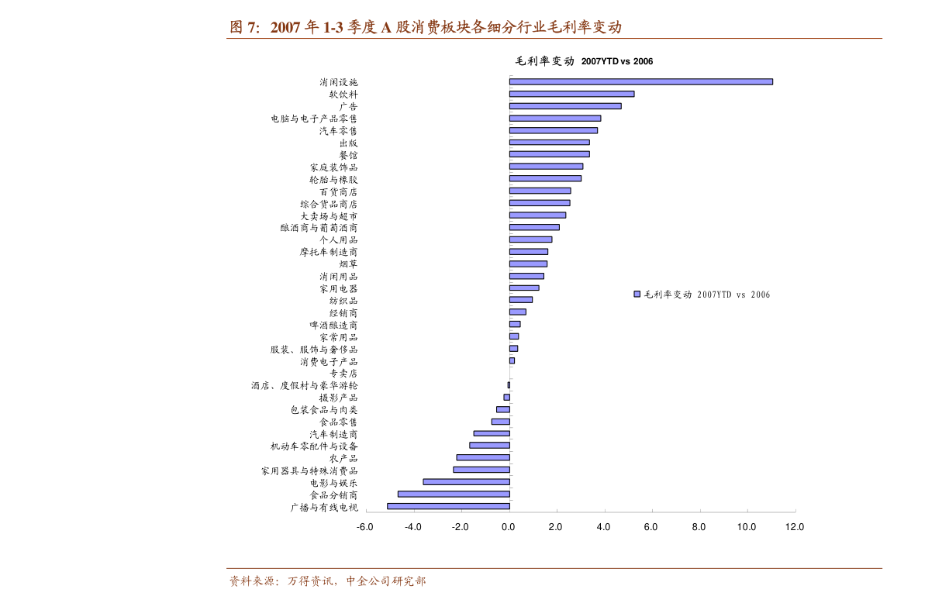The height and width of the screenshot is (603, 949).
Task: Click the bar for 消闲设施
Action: [x=640, y=81]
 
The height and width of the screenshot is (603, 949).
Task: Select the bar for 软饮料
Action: [x=571, y=94]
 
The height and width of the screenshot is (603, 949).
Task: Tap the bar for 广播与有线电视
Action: [x=448, y=506]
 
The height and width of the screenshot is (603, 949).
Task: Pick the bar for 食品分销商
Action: [x=454, y=494]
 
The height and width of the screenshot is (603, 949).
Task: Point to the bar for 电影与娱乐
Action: [x=466, y=481]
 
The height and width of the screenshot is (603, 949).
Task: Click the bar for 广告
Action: [x=565, y=106]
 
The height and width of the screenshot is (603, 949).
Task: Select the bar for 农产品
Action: [x=482, y=457]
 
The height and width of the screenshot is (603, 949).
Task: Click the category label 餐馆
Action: [x=348, y=155]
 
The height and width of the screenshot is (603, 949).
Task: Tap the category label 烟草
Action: [x=348, y=264]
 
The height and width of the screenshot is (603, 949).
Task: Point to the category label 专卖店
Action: [x=343, y=374]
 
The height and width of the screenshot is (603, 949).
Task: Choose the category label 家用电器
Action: [x=339, y=288]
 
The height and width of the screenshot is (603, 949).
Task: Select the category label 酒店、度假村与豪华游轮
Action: [x=304, y=385]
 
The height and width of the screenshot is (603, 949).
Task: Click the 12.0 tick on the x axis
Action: [x=795, y=527]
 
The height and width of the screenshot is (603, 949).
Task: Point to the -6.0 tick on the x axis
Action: [x=365, y=527]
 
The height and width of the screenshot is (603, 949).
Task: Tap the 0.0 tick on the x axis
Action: [x=509, y=527]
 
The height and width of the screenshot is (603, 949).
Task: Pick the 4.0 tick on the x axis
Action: [x=604, y=527]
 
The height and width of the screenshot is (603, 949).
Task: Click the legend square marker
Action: [x=637, y=294]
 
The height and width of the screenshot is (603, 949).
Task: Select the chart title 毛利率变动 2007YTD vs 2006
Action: [x=584, y=61]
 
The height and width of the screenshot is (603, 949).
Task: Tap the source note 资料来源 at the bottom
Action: [x=254, y=581]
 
